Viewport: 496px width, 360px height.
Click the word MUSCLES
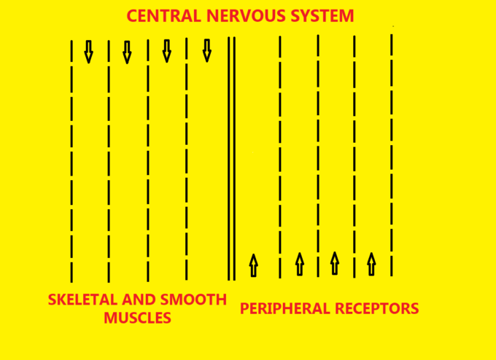(137, 318)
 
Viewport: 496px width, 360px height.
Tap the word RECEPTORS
(383, 308)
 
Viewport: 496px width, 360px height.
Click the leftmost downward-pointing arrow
(88, 51)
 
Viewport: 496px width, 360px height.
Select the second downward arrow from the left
(127, 52)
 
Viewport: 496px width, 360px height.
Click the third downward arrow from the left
(166, 51)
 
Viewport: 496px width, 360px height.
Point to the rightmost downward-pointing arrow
(206, 50)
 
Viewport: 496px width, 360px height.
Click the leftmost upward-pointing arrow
(253, 265)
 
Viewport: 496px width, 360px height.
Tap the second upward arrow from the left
(299, 264)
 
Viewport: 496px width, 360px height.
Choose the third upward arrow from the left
(335, 262)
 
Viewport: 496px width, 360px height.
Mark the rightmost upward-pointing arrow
(371, 264)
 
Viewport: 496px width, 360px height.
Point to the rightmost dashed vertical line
(392, 153)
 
